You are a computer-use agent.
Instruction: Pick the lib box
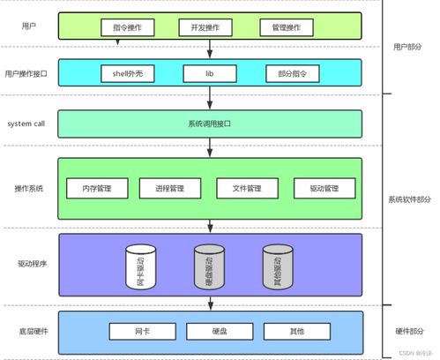[209, 75]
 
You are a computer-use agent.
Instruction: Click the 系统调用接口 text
[210, 124]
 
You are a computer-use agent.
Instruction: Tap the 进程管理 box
[171, 188]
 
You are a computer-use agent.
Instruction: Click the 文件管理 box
[248, 188]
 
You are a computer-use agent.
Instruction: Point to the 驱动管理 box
[324, 188]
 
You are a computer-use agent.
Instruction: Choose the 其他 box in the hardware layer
[295, 332]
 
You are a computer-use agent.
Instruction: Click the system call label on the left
[26, 124]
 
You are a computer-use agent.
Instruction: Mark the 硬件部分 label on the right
[410, 332]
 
